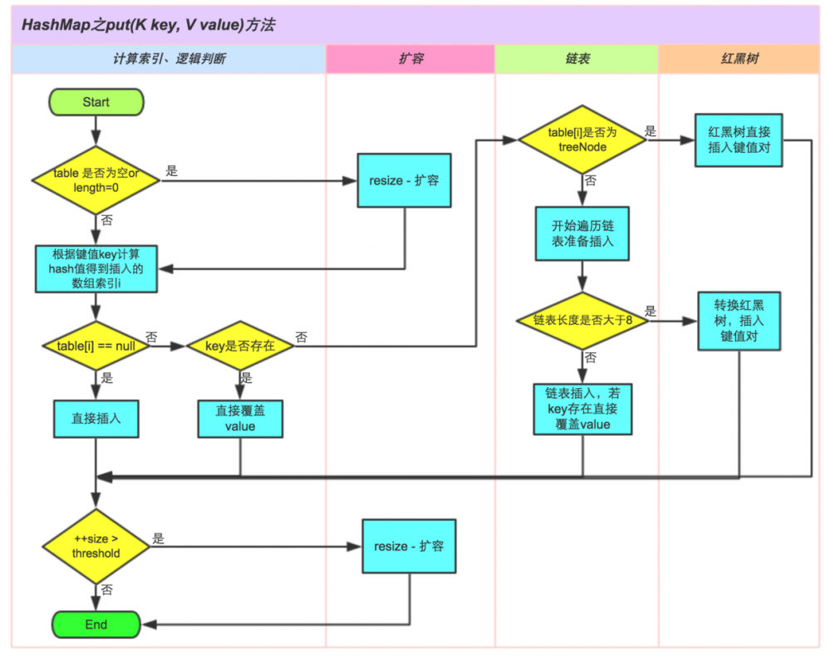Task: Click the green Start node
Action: (x=96, y=102)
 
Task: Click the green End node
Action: (x=96, y=624)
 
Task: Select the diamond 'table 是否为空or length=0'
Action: (x=96, y=179)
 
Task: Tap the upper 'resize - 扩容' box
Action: (x=404, y=179)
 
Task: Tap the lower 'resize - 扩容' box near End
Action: (x=409, y=547)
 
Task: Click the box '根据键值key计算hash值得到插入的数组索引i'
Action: (x=96, y=268)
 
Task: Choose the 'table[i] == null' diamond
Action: (x=96, y=344)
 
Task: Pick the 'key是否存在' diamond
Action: (x=239, y=344)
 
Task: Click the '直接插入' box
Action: (x=96, y=419)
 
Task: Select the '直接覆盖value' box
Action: (x=239, y=419)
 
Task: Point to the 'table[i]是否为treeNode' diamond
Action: (x=582, y=139)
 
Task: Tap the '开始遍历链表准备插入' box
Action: (x=582, y=234)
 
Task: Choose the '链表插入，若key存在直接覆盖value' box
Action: (x=582, y=408)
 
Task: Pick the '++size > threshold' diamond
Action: (x=96, y=547)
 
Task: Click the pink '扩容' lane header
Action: (x=410, y=60)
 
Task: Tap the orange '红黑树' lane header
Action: (x=739, y=60)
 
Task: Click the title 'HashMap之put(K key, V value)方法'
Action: (x=150, y=26)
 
